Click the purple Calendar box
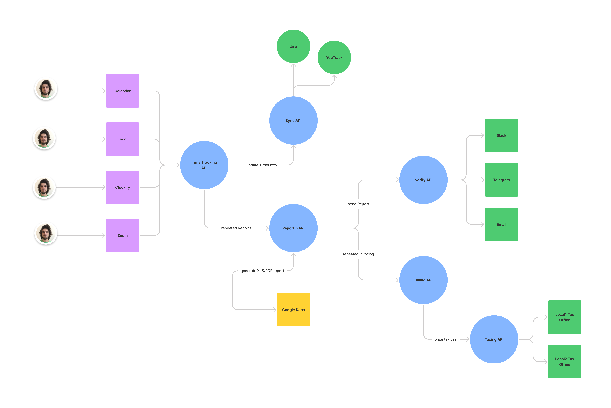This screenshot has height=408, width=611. [x=122, y=91]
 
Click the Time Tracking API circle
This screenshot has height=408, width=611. [x=204, y=165]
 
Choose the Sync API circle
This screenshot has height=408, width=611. [x=293, y=120]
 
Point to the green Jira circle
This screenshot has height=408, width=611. [x=293, y=46]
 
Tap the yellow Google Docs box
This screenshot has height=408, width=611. [x=293, y=310]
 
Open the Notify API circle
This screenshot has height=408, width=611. [x=423, y=180]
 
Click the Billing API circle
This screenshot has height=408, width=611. [x=423, y=280]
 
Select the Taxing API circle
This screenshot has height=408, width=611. [x=494, y=339]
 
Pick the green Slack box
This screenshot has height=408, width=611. [x=501, y=135]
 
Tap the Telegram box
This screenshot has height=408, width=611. [x=501, y=180]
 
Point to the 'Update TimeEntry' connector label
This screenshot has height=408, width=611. [x=261, y=165]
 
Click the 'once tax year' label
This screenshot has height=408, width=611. [x=446, y=339]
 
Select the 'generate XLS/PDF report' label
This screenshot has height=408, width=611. [x=262, y=271]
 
